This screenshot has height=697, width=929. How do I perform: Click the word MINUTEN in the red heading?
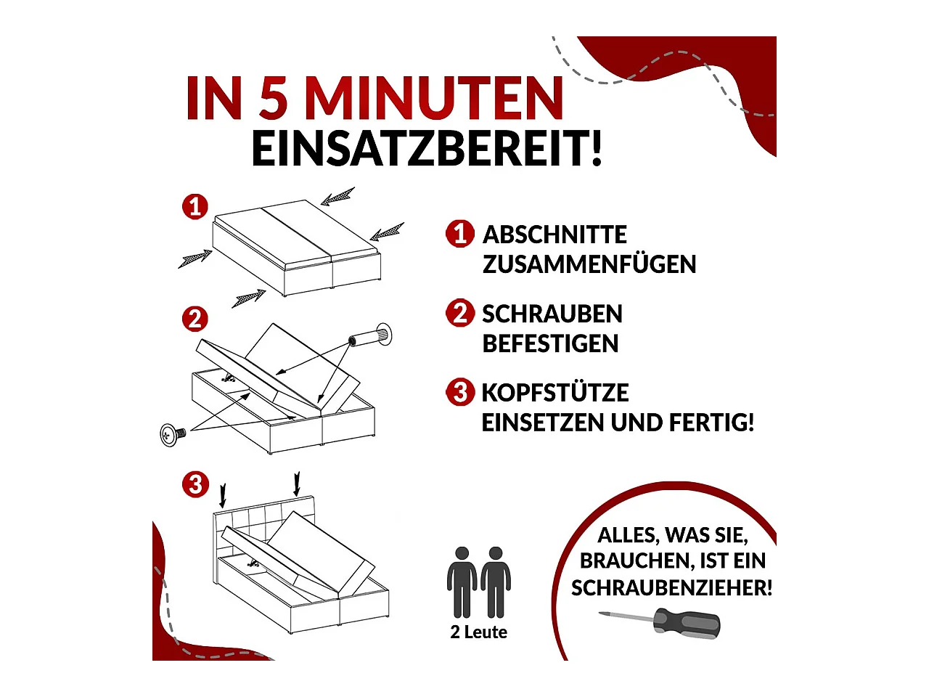(x=433, y=98)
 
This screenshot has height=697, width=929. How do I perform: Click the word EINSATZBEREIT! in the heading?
(x=427, y=149)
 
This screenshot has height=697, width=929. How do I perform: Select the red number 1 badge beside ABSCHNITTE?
(x=459, y=234)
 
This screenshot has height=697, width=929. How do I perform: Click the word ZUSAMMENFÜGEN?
(x=589, y=264)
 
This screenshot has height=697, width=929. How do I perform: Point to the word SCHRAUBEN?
(x=552, y=314)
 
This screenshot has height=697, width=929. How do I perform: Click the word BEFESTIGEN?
(x=550, y=343)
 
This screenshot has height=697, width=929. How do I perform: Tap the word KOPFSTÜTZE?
(x=554, y=393)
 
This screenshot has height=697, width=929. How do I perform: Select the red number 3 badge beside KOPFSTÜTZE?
(x=459, y=392)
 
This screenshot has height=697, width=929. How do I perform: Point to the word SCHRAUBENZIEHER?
(x=671, y=587)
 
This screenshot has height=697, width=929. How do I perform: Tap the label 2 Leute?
(x=478, y=632)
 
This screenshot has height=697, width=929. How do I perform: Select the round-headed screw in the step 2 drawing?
(x=171, y=434)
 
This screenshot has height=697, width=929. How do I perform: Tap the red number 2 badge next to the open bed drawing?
(x=195, y=319)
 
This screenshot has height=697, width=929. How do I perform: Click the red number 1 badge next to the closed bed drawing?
(x=195, y=207)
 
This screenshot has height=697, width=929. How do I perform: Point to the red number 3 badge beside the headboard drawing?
(x=195, y=484)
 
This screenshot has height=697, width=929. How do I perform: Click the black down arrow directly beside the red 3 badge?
(x=223, y=495)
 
